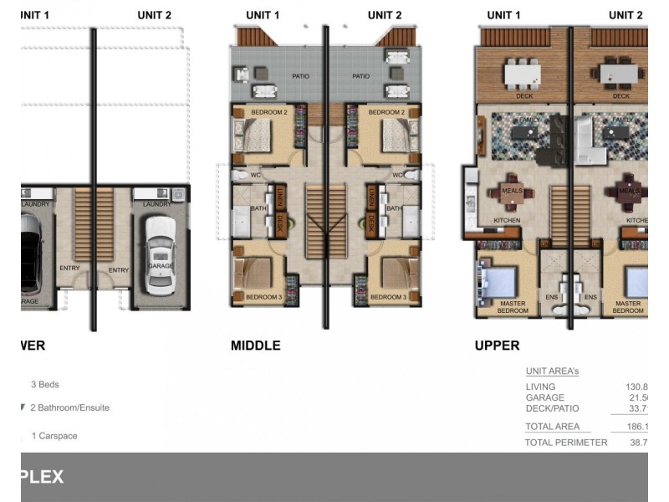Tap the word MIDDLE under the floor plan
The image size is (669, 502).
255,346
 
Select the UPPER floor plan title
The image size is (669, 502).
497,346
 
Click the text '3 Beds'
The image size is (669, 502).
44,385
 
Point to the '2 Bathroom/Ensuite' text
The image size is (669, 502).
69,408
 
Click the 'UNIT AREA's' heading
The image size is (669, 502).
552,371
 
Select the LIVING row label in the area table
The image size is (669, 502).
539,387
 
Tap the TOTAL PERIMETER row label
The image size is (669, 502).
565,442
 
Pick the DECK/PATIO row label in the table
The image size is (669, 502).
551,408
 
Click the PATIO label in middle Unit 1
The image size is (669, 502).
278,76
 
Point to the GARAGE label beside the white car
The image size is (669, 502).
161,265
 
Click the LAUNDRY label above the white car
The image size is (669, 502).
156,204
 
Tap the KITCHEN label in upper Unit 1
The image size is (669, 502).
507,221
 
